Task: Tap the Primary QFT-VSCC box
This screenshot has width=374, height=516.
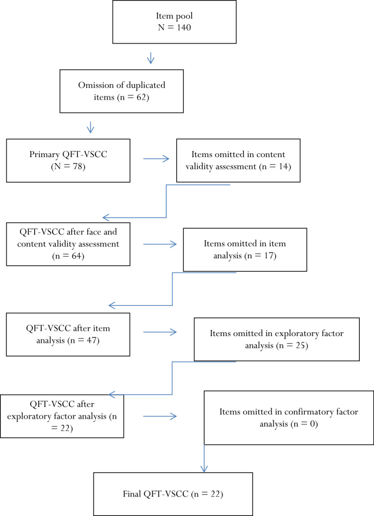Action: (69, 160)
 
